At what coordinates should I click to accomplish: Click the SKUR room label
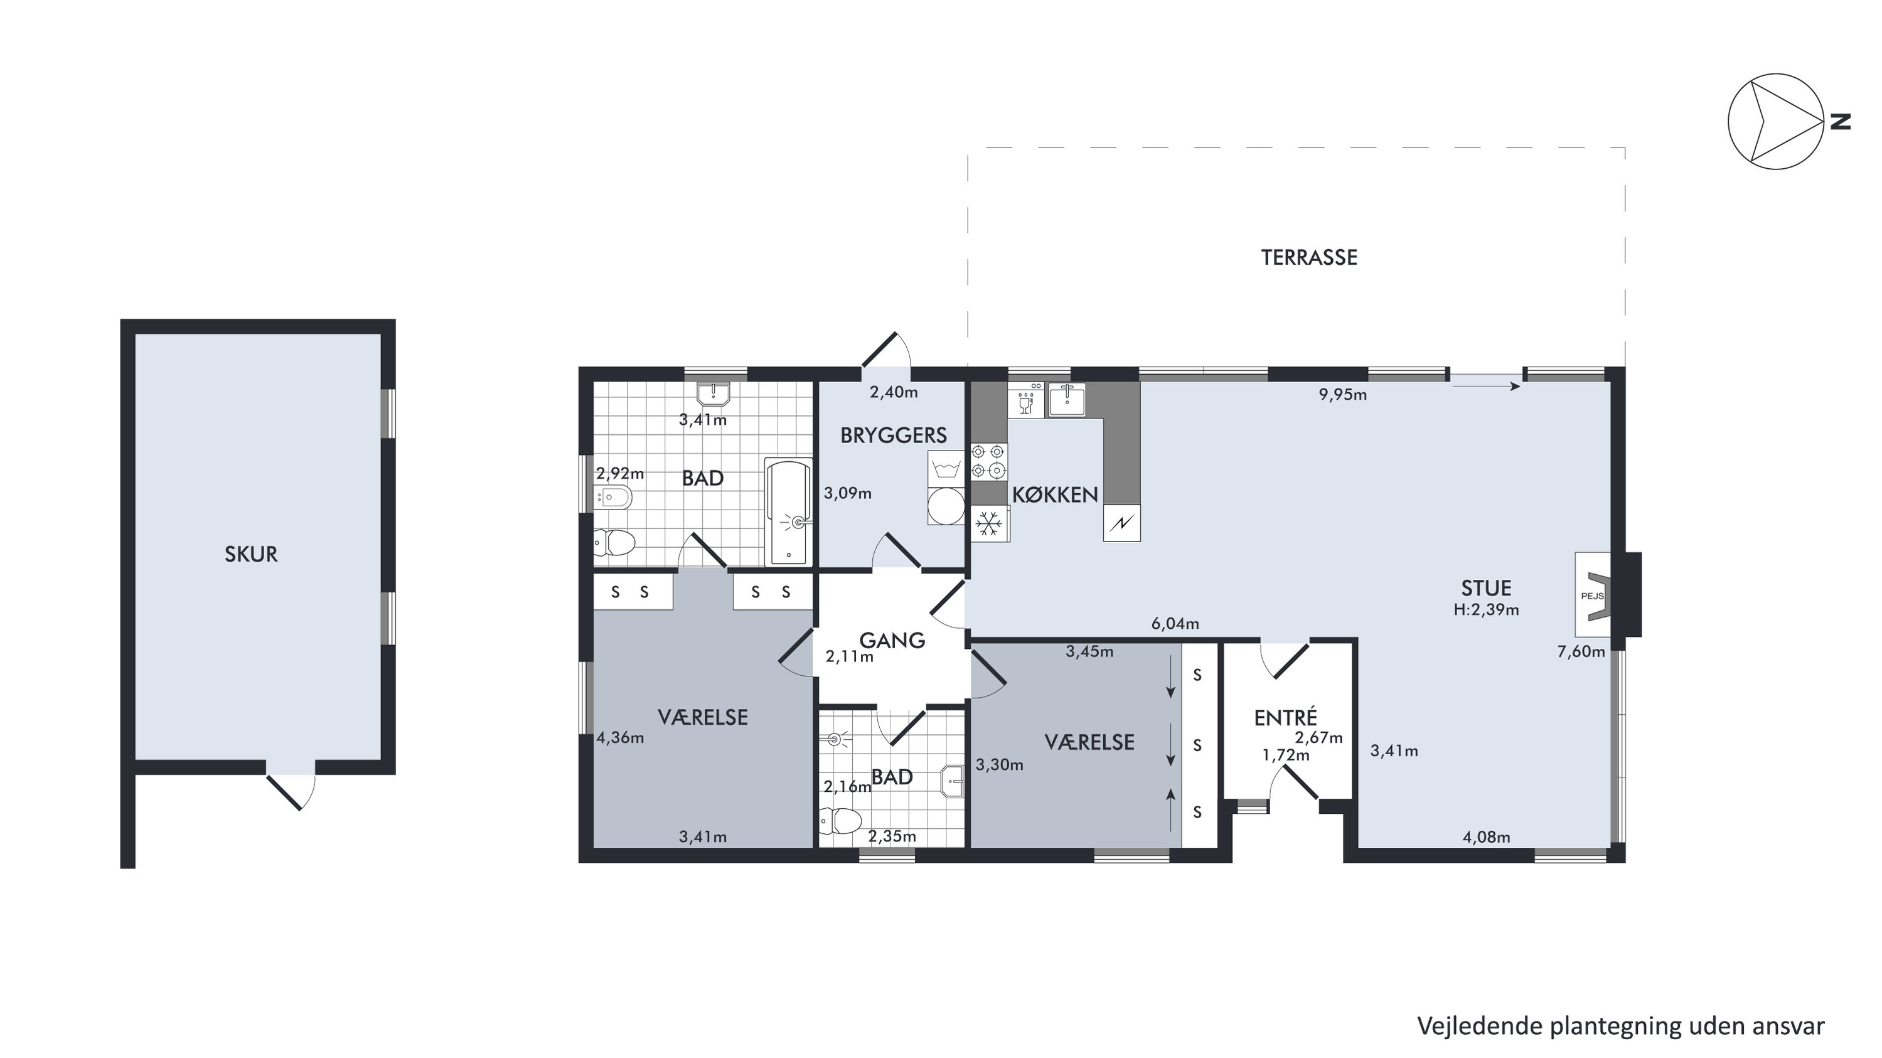tap(250, 555)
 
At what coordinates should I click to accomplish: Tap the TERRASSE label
tap(1309, 257)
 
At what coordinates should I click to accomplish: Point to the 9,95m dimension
tap(1343, 395)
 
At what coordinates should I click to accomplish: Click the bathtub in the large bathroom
tap(788, 511)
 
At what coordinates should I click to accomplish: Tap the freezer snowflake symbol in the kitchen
tap(990, 523)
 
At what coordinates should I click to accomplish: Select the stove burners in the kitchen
tap(989, 462)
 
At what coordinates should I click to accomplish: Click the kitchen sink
tap(1067, 398)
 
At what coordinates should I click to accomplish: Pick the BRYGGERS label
tap(894, 435)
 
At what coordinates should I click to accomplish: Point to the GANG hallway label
tap(892, 640)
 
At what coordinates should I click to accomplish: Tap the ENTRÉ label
tap(1286, 719)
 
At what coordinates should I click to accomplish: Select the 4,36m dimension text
tap(620, 738)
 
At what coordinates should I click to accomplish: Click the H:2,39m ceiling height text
tap(1486, 609)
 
